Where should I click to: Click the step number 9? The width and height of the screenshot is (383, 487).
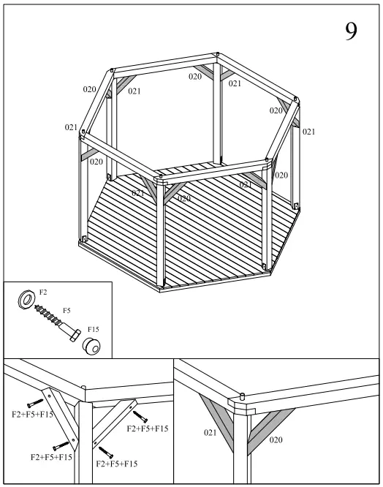click(x=351, y=31)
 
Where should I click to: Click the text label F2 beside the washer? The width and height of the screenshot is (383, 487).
click(x=42, y=292)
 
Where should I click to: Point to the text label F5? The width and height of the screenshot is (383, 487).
click(x=67, y=311)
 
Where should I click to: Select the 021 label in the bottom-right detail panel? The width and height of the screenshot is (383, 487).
click(x=211, y=433)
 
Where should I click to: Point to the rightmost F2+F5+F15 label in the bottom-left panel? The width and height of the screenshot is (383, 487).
click(x=148, y=428)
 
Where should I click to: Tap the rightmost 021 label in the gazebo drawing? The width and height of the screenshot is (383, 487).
click(x=308, y=132)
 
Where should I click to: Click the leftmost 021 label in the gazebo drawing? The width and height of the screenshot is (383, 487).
click(x=71, y=127)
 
